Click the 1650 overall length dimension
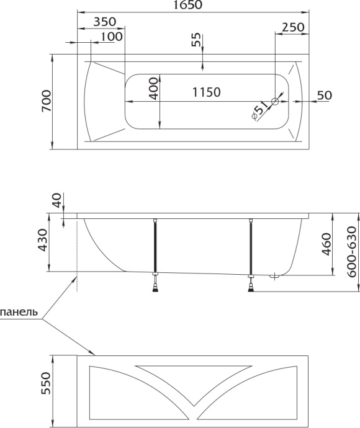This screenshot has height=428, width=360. [192, 6]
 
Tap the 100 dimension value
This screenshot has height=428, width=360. [110, 37]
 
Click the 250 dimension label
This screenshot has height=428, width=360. [293, 27]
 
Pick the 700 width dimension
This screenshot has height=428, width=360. [46, 101]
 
